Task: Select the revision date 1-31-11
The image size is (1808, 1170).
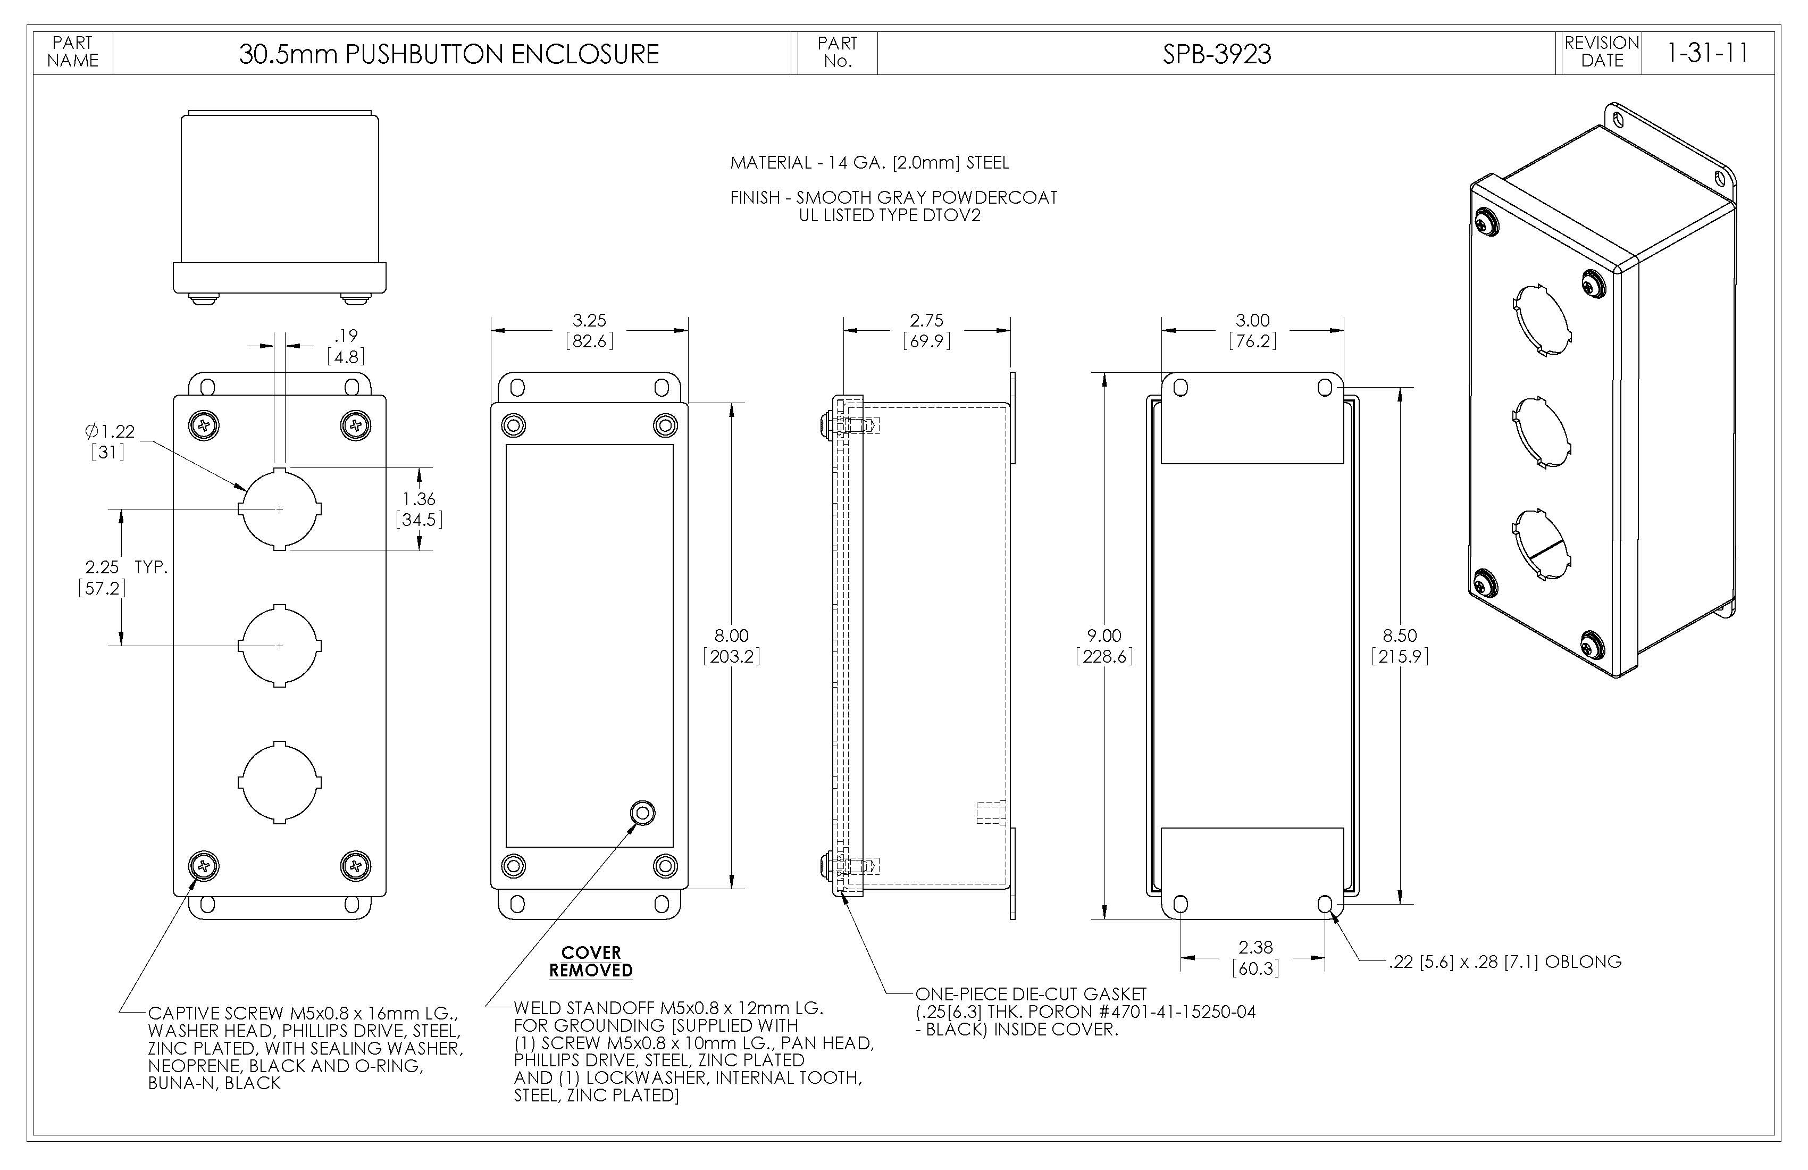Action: coord(1707,53)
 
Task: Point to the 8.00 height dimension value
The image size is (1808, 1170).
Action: coord(731,636)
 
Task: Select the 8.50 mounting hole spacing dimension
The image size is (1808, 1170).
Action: coord(1399,636)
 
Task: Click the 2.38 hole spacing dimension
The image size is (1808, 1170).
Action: coord(1255,947)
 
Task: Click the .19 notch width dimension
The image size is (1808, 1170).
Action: coord(346,336)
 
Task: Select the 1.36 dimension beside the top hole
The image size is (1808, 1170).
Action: coord(418,499)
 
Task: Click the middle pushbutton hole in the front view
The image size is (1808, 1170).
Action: coord(280,646)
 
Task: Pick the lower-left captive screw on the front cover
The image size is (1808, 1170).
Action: coord(204,865)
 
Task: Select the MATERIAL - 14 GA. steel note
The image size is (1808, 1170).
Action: coord(869,163)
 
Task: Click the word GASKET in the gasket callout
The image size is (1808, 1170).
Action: coord(1115,994)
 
